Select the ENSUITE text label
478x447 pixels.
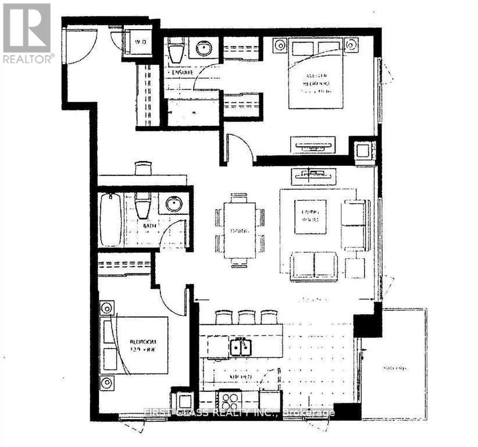(183, 72)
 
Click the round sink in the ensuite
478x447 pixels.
(204, 49)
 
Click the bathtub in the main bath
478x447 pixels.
(110, 219)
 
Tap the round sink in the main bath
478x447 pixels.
(173, 204)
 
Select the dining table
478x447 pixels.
(240, 229)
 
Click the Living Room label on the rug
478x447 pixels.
(310, 217)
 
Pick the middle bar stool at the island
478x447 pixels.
(247, 317)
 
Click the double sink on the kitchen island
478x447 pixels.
(240, 347)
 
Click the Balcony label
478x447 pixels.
(394, 368)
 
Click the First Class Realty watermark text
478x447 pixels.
(239, 413)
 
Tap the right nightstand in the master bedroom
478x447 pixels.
(351, 44)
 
